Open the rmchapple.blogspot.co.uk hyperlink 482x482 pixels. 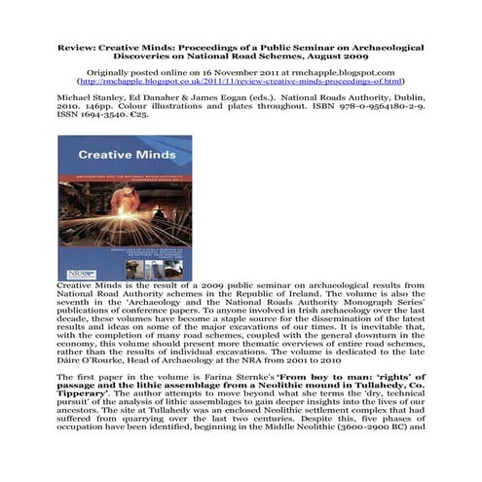coord(241,81)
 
